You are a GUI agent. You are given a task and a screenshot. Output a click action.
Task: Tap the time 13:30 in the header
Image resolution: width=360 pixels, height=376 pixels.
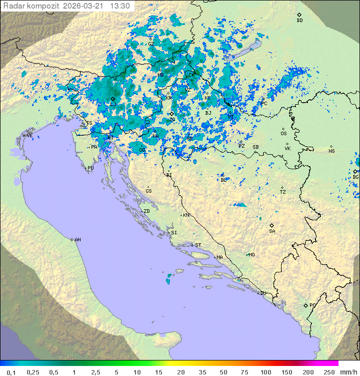coord(120,6)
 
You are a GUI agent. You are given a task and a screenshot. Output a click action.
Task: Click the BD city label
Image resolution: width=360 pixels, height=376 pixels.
coord(299,21)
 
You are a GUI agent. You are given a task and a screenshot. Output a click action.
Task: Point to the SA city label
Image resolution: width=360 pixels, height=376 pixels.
coord(272,231)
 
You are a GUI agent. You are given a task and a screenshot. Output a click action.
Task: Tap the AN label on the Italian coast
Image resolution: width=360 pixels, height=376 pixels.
coord(77,240)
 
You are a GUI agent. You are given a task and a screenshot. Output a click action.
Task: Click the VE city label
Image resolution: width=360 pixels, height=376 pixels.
coord(29,136)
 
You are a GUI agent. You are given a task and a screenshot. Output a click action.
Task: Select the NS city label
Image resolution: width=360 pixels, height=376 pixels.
coord(331,151)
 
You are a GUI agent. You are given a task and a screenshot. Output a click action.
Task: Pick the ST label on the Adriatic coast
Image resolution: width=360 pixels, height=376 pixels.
coord(198,245)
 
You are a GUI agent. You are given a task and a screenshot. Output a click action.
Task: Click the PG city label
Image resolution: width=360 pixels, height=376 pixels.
coord(312,305)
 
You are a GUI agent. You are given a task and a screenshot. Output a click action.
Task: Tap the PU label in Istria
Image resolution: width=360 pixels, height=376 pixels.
coord(90,168)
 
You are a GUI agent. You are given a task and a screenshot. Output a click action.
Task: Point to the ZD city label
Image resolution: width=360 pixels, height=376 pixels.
coord(146,211)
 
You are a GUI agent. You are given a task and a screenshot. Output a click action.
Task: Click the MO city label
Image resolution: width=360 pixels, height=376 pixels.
coord(251,255)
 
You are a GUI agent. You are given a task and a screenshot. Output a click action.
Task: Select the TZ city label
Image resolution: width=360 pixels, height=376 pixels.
coord(282,192)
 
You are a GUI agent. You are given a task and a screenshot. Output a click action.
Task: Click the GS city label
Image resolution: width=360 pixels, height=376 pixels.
coord(148,191)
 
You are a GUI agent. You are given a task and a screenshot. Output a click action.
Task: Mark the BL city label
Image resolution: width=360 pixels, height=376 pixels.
coord(223,180)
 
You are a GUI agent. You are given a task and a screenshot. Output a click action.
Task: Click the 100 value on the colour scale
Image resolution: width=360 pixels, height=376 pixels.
coord(266,372)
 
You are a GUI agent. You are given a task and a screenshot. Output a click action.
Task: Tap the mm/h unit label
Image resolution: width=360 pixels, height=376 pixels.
coord(346,372)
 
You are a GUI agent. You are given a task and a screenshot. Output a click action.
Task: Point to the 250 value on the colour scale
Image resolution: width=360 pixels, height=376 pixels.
coord(329,372)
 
